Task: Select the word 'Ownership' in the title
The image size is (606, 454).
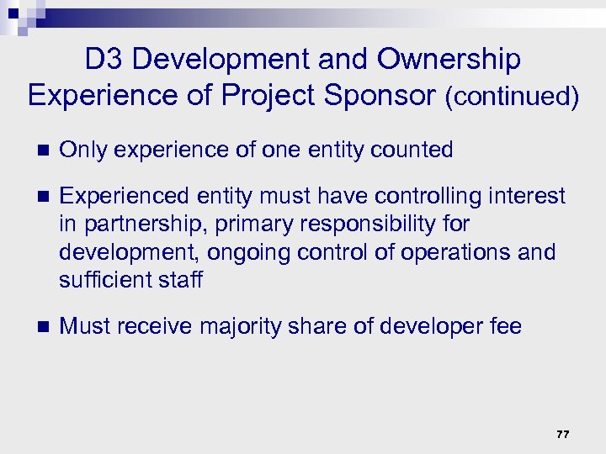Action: click(449, 59)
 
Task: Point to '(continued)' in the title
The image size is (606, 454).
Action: click(511, 97)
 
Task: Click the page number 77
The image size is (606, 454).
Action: click(562, 434)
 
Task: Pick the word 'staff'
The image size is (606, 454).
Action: click(180, 280)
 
